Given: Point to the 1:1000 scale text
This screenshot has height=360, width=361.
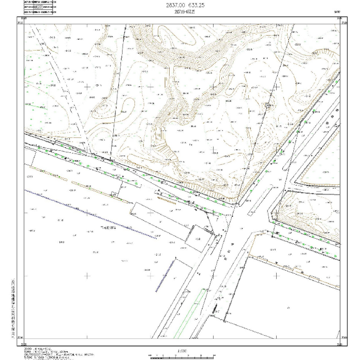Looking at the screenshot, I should click(x=182, y=350).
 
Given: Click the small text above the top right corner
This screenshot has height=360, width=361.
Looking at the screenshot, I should click(x=338, y=11).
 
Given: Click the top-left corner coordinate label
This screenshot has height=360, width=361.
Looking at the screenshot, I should click(x=20, y=20).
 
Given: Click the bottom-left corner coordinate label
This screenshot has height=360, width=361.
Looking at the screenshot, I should click(x=21, y=342).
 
